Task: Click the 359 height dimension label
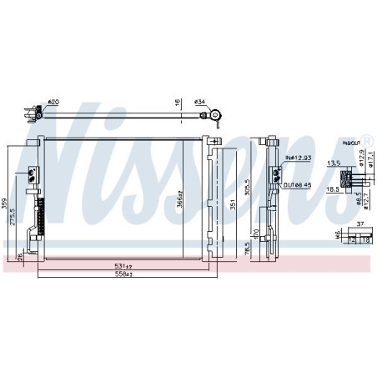click(x=6, y=202)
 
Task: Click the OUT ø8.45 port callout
click(x=299, y=185)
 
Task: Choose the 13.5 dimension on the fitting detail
click(x=333, y=163)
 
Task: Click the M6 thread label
click(x=337, y=236)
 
